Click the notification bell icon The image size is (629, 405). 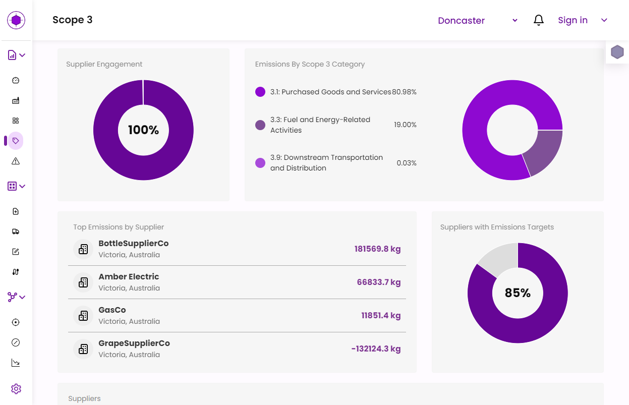click(x=539, y=20)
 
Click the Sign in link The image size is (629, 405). click(x=573, y=20)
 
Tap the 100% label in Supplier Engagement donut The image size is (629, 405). click(x=143, y=130)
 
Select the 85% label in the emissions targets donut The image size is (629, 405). click(x=518, y=293)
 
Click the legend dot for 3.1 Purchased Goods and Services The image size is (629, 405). click(x=260, y=92)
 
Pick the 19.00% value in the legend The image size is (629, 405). click(x=405, y=125)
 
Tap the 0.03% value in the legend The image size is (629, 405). click(x=407, y=163)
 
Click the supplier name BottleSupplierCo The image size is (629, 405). click(x=134, y=243)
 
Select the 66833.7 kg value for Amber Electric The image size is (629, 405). click(x=378, y=282)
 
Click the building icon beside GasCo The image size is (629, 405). click(x=83, y=316)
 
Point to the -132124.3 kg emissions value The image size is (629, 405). click(x=376, y=349)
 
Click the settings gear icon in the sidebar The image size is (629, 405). click(x=16, y=389)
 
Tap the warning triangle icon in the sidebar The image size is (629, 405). click(x=16, y=161)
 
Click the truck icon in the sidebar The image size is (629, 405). click(x=16, y=232)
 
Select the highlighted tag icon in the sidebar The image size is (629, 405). click(x=16, y=141)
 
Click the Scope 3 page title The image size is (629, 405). click(x=73, y=20)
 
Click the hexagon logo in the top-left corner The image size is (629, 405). click(x=16, y=20)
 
